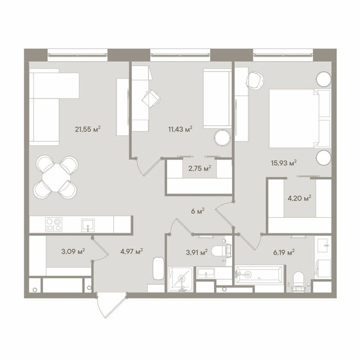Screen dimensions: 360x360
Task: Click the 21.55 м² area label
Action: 87,129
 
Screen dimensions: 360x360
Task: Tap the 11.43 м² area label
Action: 180,129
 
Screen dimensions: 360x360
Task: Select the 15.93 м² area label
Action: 283,163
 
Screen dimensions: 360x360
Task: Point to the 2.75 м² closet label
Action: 199,168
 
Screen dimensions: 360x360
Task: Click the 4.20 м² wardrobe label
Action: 300,198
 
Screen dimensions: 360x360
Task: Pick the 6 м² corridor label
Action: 198,211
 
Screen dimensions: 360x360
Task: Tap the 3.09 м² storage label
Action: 73,251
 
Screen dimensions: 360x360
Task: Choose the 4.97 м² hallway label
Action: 132,251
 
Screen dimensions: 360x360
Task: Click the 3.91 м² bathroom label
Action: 197,253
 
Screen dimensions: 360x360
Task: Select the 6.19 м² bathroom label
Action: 283,253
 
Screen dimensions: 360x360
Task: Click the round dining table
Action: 56,177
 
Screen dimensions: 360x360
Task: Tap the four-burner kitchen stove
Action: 54,224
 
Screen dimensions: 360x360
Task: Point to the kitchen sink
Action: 87,225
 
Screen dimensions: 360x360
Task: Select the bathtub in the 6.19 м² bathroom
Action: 259,274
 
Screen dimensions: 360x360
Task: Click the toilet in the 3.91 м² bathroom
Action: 222,251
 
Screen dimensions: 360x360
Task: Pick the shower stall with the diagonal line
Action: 180,279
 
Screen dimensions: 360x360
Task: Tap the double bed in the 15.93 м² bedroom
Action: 300,118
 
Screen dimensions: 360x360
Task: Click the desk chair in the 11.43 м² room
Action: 151,99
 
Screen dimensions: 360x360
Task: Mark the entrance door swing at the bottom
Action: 112,305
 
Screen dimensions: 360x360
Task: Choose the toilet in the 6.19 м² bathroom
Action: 299,282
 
